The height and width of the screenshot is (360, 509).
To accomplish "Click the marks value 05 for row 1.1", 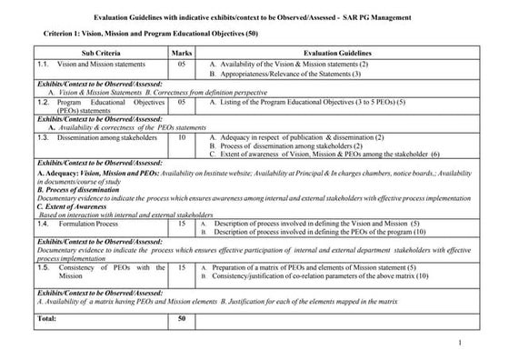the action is pos(182,65).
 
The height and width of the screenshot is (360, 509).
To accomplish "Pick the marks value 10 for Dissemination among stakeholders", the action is pos(182,137).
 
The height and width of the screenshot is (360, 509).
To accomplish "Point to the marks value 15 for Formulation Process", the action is pos(182,222).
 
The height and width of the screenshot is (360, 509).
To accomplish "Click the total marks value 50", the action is pos(182,319).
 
